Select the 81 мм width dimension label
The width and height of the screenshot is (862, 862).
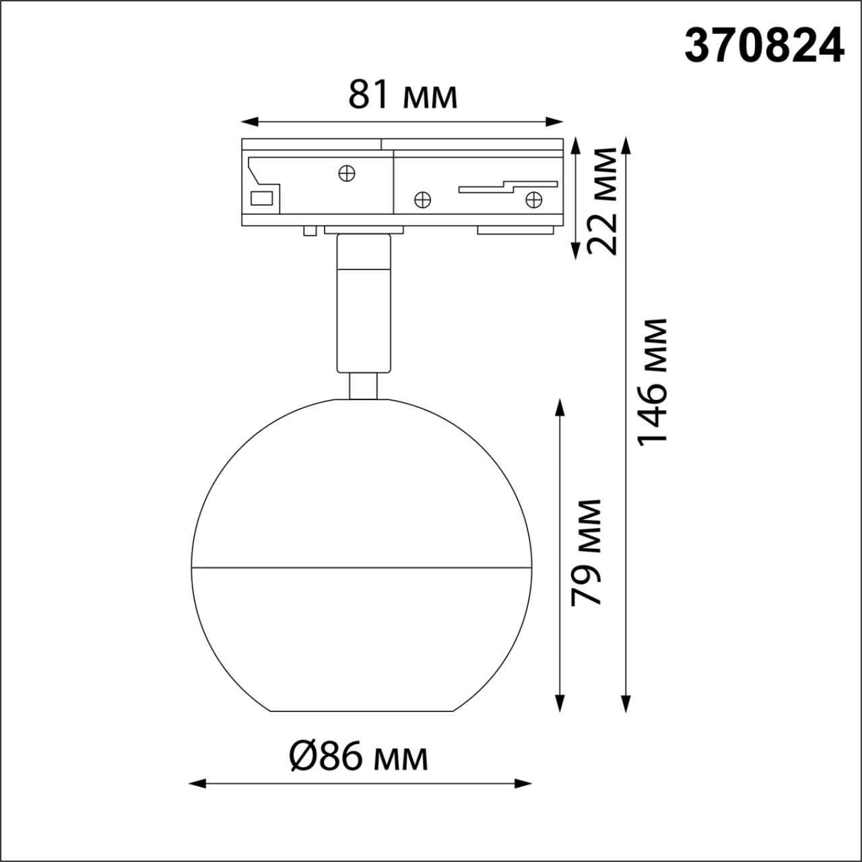point(403,95)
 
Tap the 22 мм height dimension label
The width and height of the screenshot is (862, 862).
point(601,200)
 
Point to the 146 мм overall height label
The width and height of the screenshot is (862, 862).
point(651,380)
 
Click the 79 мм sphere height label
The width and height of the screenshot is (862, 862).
point(585,552)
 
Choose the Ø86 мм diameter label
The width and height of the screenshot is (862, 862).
point(358,758)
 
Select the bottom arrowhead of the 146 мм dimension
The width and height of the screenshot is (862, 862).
point(626,703)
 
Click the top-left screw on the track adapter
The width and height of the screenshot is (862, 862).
point(347,173)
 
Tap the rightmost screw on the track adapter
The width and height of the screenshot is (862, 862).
point(533,199)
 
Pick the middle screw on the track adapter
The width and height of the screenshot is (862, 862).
point(422,199)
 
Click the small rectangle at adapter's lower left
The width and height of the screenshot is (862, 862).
point(261,198)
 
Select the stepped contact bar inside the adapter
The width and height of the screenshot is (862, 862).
point(508,187)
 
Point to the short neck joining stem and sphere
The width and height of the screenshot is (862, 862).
point(364,387)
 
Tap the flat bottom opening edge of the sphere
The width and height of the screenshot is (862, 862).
point(360,710)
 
